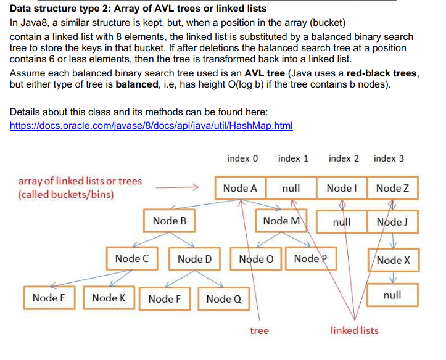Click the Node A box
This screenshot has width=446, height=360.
click(240, 188)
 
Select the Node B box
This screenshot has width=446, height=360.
click(170, 221)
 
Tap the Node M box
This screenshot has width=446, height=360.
click(281, 221)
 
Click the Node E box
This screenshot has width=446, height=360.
click(49, 298)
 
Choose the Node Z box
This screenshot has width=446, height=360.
click(392, 188)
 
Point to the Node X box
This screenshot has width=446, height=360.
click(393, 260)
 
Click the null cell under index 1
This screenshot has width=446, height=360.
click(291, 188)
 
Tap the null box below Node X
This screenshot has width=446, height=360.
click(392, 295)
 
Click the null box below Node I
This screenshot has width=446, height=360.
click(341, 221)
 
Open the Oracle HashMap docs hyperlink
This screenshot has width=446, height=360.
click(151, 126)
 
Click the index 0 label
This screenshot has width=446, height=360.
click(242, 158)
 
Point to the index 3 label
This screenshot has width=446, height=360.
click(389, 158)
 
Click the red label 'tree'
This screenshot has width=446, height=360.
click(259, 331)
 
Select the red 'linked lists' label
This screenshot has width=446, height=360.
click(354, 331)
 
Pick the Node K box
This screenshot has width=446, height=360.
click(109, 298)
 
